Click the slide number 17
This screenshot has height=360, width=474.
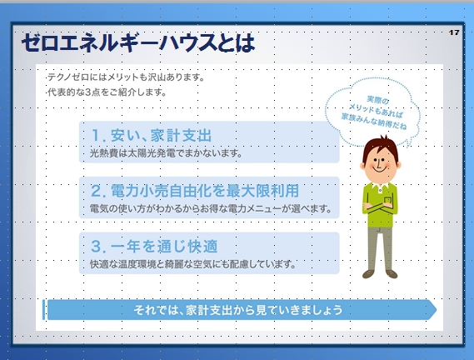click(454, 32)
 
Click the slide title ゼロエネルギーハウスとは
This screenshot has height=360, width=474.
click(138, 42)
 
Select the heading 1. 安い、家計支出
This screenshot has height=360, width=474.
click(151, 135)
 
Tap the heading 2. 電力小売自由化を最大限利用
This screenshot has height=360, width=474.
click(195, 191)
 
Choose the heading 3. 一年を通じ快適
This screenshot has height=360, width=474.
click(154, 247)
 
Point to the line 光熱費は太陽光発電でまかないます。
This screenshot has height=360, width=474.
click(166, 153)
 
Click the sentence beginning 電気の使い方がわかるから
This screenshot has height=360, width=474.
click(211, 208)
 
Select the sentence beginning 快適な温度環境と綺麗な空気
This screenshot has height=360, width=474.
click(193, 264)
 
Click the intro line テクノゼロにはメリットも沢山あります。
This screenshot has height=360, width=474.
click(126, 77)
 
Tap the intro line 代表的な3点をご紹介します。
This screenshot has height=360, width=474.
click(107, 92)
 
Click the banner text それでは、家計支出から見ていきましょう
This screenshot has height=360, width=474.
click(238, 310)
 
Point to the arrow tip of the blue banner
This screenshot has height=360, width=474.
click(437, 309)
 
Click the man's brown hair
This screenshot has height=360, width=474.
click(381, 148)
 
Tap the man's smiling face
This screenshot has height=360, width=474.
click(381, 167)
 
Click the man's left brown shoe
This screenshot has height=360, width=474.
click(368, 274)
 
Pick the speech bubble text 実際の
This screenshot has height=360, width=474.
click(377, 100)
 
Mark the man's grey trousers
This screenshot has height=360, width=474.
click(380, 248)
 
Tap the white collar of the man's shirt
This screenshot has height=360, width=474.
click(380, 187)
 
